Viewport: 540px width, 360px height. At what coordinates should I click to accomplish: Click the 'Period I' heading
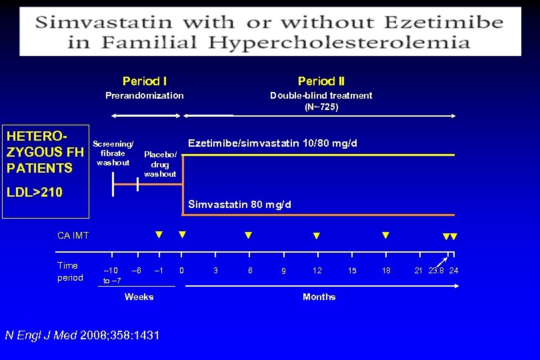[145, 81]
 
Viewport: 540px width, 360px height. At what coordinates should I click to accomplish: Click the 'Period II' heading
[321, 81]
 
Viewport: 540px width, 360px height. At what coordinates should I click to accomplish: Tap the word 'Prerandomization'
[145, 95]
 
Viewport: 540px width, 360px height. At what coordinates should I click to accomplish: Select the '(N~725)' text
[321, 107]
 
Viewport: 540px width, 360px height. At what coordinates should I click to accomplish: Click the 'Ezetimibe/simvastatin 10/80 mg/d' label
[273, 143]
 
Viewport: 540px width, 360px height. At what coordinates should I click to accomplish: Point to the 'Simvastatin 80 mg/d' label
[240, 204]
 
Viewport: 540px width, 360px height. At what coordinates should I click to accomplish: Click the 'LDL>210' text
[35, 193]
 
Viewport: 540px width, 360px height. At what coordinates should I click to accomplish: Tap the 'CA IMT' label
[73, 235]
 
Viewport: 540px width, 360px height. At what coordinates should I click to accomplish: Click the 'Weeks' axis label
[139, 297]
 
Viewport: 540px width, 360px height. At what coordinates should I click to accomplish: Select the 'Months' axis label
[319, 297]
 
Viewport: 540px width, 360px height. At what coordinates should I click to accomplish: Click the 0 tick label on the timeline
[182, 270]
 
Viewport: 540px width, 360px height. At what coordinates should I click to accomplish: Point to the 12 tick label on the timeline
[317, 270]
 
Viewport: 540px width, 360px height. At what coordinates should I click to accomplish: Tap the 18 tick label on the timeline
[386, 270]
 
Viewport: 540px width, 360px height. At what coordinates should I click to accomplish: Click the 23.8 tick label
[437, 270]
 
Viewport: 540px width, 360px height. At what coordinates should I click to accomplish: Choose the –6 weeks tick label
[136, 270]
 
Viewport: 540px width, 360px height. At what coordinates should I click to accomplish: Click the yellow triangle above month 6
[249, 235]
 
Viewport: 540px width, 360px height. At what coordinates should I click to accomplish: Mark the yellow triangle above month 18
[385, 235]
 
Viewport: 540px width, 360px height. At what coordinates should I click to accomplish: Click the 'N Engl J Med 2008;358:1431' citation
[82, 335]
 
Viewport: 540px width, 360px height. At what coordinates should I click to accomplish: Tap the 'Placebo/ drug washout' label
[161, 164]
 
